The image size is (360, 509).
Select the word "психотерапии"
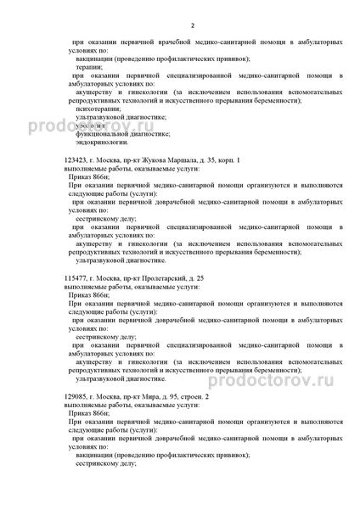point(98,109)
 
